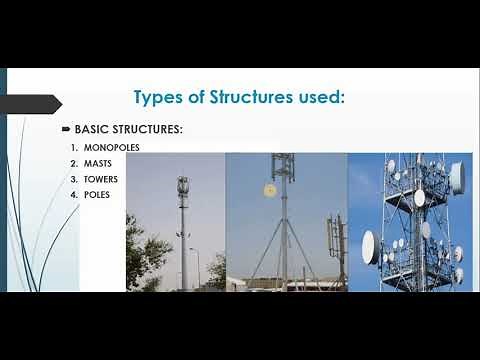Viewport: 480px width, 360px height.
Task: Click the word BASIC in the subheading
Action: pos(90,130)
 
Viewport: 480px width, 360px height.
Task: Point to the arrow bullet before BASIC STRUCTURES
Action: pos(66,130)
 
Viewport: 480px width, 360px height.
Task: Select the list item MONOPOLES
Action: pos(111,148)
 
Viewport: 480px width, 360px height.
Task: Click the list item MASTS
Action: pos(98,163)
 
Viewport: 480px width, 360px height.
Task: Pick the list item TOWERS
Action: pos(101,179)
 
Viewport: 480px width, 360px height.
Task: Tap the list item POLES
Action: pos(97,194)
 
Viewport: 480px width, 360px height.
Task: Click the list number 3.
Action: pos(73,179)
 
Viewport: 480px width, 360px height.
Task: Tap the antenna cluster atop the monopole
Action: pos(182,187)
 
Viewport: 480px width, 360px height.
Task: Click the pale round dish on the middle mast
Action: pos(268,190)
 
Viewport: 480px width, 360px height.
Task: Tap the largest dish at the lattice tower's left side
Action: pos(368,246)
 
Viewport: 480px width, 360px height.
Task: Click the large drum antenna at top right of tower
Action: pos(456,177)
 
